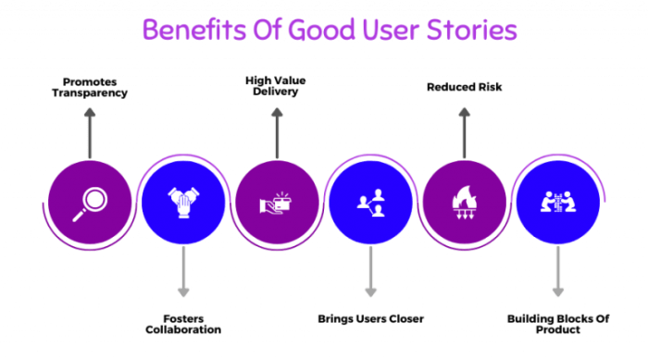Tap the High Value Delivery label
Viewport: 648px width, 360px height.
point(275,86)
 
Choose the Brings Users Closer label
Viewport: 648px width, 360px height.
point(369,317)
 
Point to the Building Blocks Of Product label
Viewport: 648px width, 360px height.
point(557,323)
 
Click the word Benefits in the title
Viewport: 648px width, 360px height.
point(192,31)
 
